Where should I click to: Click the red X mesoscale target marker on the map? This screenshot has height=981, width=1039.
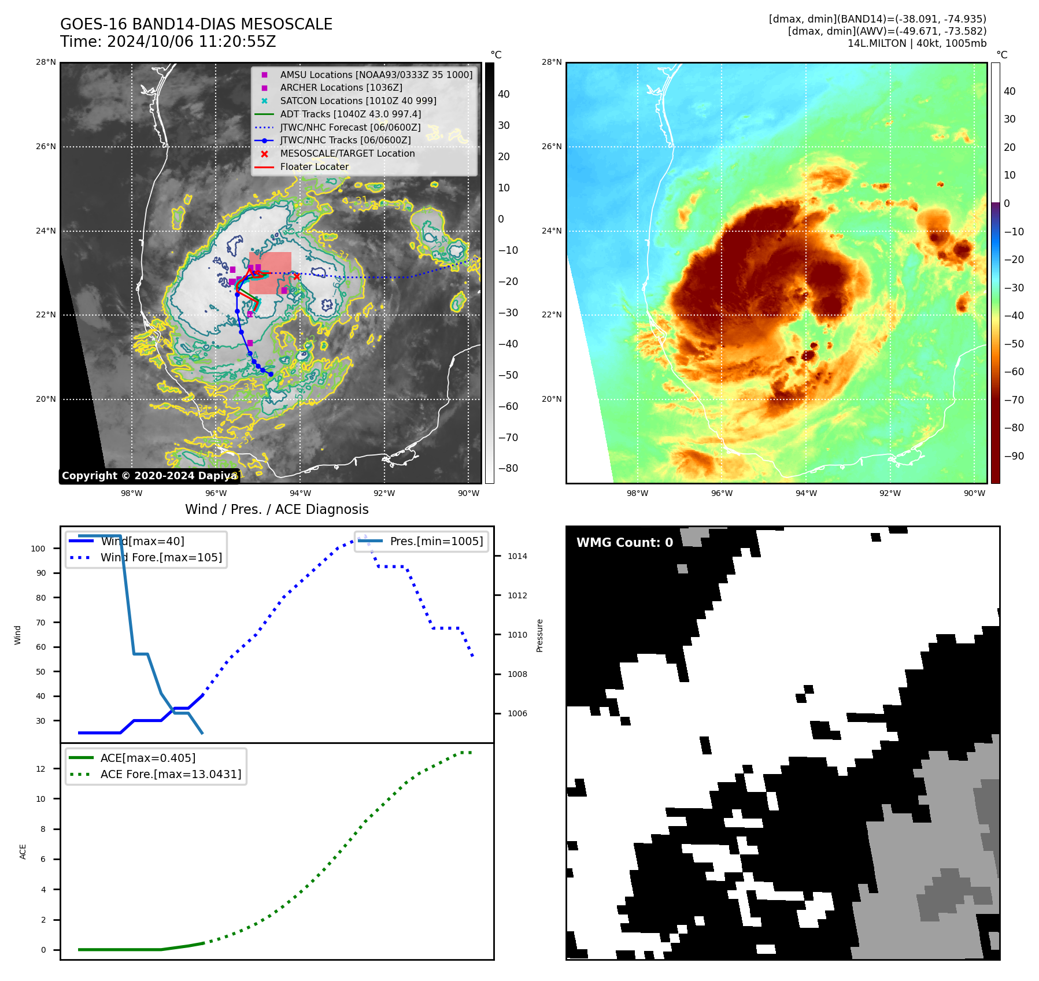pyautogui.click(x=297, y=276)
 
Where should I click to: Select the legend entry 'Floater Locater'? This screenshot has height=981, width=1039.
pyautogui.click(x=314, y=167)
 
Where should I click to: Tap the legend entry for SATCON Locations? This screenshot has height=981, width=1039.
pyautogui.click(x=358, y=101)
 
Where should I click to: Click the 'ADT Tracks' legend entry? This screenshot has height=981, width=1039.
pyautogui.click(x=350, y=114)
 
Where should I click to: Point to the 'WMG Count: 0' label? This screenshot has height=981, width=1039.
pyautogui.click(x=624, y=543)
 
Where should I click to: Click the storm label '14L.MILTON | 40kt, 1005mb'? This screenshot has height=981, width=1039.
pyautogui.click(x=916, y=43)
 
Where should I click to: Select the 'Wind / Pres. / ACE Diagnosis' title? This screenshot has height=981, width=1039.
pyautogui.click(x=276, y=509)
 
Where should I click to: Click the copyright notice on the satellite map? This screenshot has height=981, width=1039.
pyautogui.click(x=149, y=476)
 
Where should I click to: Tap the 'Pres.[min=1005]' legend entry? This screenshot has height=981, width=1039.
pyautogui.click(x=436, y=542)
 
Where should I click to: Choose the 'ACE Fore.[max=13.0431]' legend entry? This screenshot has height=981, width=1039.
pyautogui.click(x=171, y=774)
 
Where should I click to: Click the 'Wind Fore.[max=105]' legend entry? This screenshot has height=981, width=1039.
pyautogui.click(x=161, y=558)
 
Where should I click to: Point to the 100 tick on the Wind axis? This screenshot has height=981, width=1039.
pyautogui.click(x=38, y=549)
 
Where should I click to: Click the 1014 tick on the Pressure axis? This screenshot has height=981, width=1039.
pyautogui.click(x=517, y=557)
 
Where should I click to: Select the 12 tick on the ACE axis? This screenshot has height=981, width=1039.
pyautogui.click(x=40, y=769)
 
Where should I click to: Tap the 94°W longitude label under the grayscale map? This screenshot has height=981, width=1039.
pyautogui.click(x=300, y=493)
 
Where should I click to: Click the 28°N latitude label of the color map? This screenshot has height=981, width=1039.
pyautogui.click(x=551, y=62)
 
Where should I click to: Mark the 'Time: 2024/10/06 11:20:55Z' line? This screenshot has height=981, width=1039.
pyautogui.click(x=168, y=42)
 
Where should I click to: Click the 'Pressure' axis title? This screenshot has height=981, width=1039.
pyautogui.click(x=540, y=635)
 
